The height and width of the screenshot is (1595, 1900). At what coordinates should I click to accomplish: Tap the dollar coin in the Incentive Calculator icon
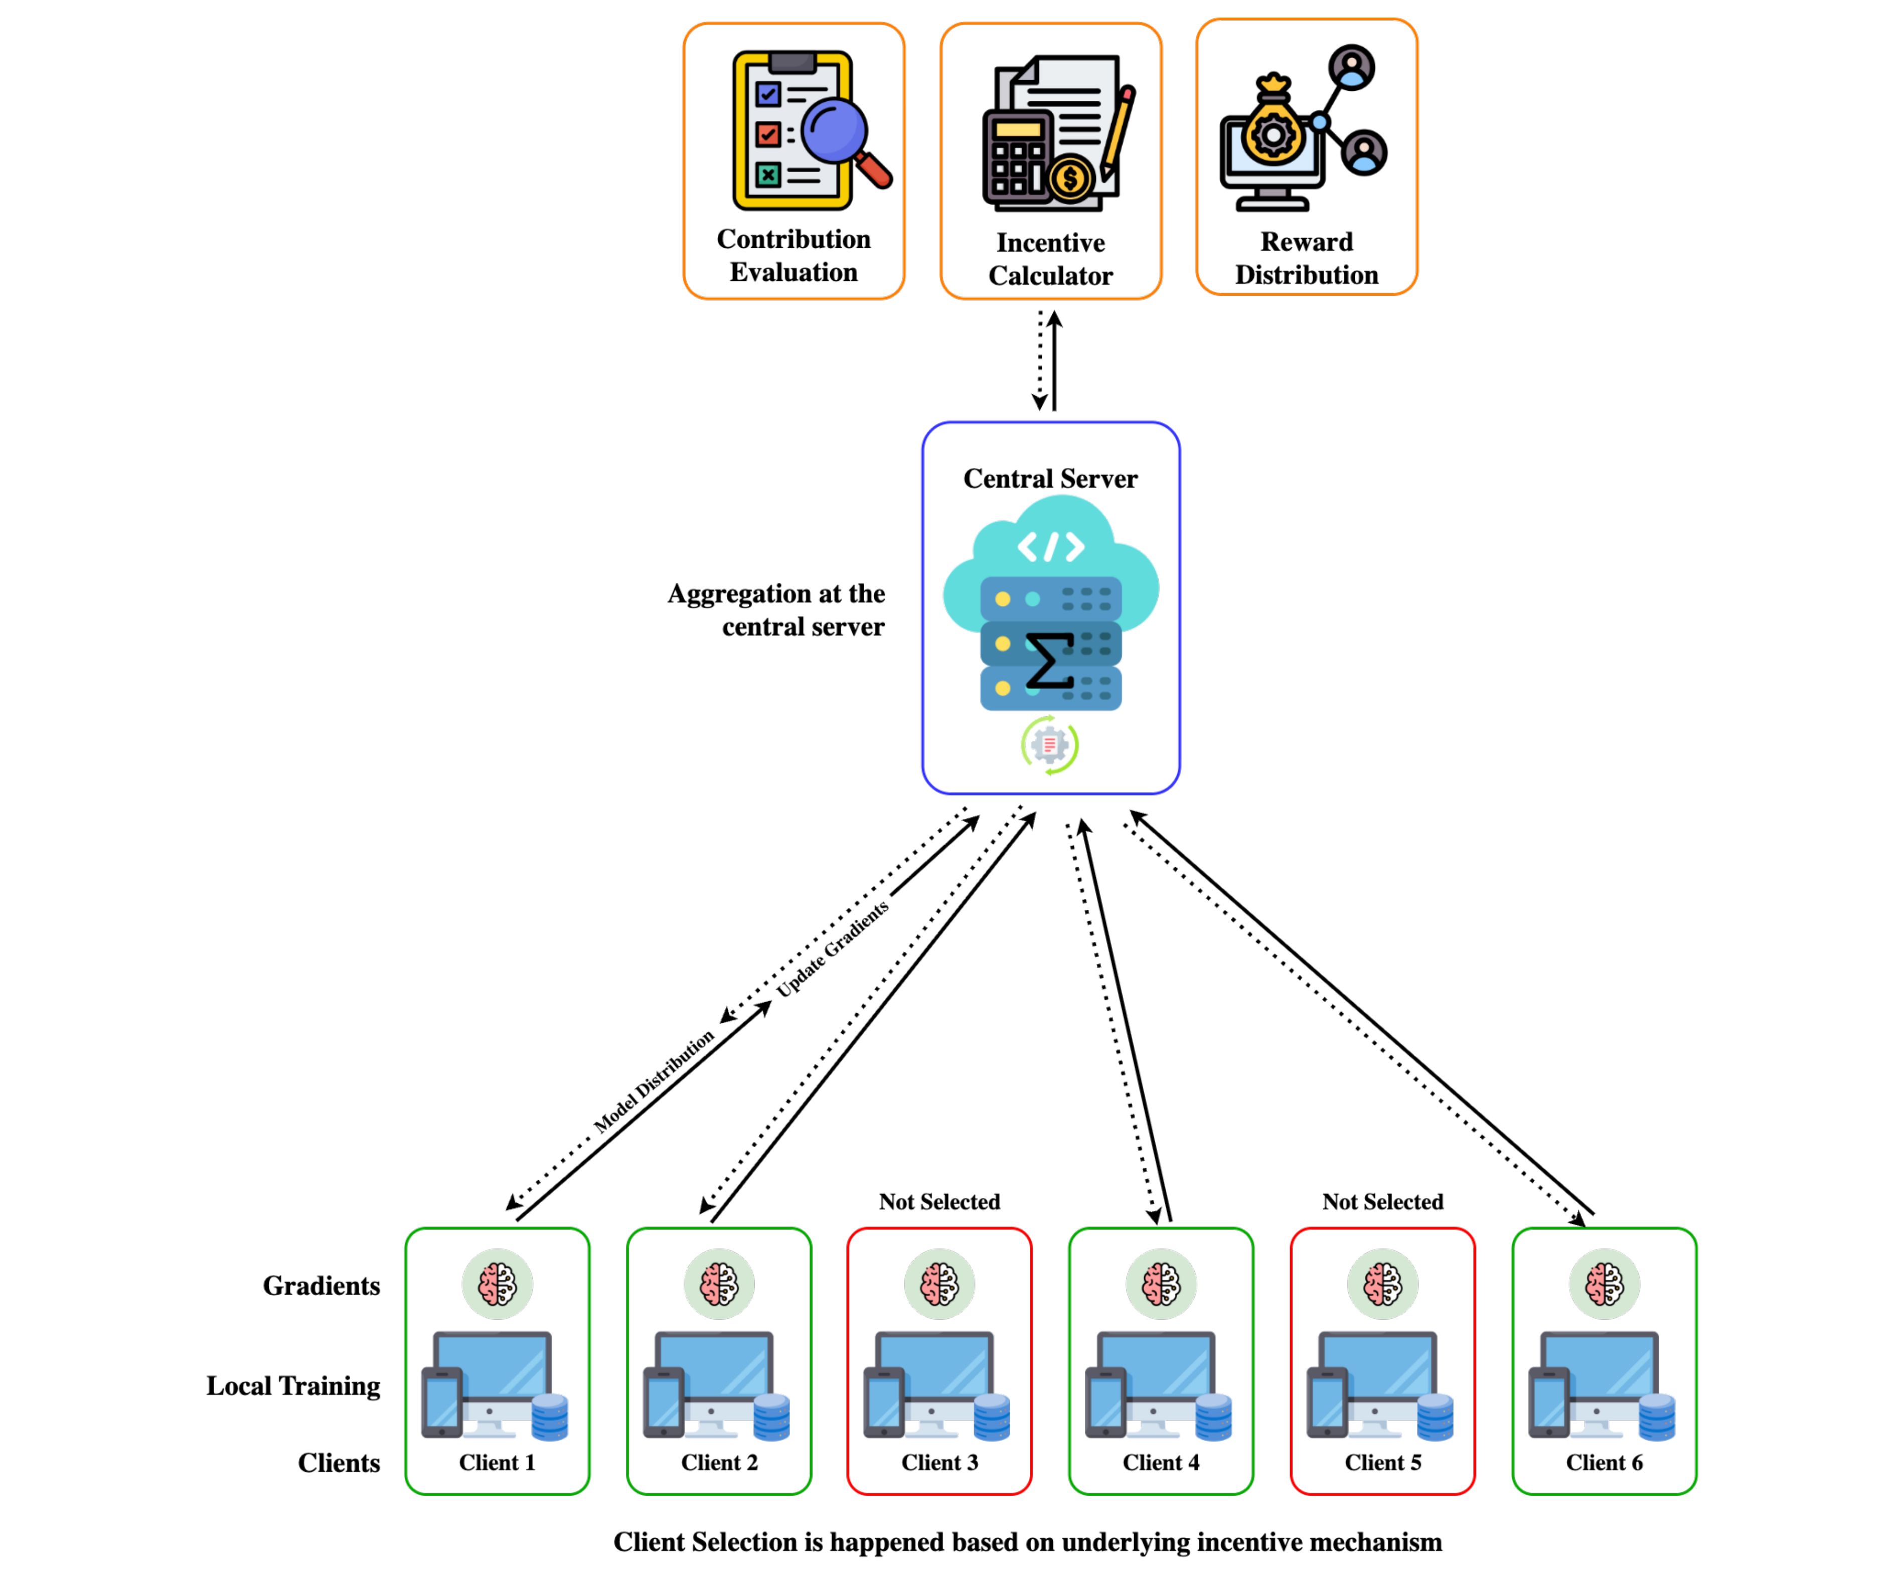[x=1070, y=178]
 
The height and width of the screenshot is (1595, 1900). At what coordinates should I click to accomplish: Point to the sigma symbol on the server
[x=1049, y=661]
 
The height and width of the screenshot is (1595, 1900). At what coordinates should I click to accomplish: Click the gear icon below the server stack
[x=1049, y=744]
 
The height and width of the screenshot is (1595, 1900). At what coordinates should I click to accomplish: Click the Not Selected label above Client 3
[x=939, y=1201]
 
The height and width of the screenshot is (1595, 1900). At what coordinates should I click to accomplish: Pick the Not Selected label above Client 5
[x=1382, y=1201]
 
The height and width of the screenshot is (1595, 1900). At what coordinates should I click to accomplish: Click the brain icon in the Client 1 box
[x=498, y=1284]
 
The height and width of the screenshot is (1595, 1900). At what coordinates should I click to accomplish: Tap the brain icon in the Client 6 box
[x=1604, y=1284]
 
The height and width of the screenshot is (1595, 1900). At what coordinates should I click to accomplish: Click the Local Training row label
[x=293, y=1386]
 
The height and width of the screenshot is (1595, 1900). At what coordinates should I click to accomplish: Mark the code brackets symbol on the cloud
[x=1050, y=546]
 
